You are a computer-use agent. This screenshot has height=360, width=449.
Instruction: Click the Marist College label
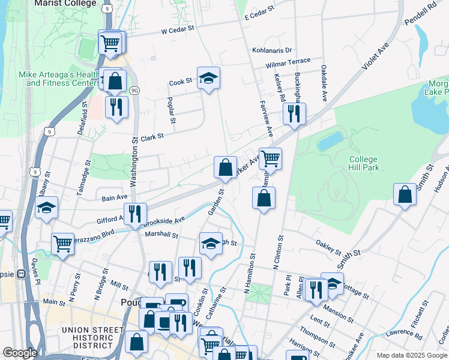click(x=65, y=4)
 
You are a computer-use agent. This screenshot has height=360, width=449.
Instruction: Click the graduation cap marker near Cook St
click(x=208, y=78)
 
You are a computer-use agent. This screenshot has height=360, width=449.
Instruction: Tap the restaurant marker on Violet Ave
click(x=294, y=113)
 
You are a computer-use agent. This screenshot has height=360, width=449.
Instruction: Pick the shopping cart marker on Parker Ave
click(x=270, y=159)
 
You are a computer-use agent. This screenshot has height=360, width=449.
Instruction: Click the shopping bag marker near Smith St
click(x=405, y=194)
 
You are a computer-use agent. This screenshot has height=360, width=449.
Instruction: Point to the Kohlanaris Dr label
click(x=272, y=50)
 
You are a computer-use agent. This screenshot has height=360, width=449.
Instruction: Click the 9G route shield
click(x=134, y=91)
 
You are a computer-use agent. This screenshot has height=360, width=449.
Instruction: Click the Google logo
click(x=19, y=353)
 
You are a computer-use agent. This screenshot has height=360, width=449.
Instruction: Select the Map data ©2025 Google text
click(x=411, y=355)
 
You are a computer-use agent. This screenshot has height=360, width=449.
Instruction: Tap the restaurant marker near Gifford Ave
click(x=135, y=214)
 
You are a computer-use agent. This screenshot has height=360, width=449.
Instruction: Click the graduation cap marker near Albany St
click(x=46, y=208)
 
